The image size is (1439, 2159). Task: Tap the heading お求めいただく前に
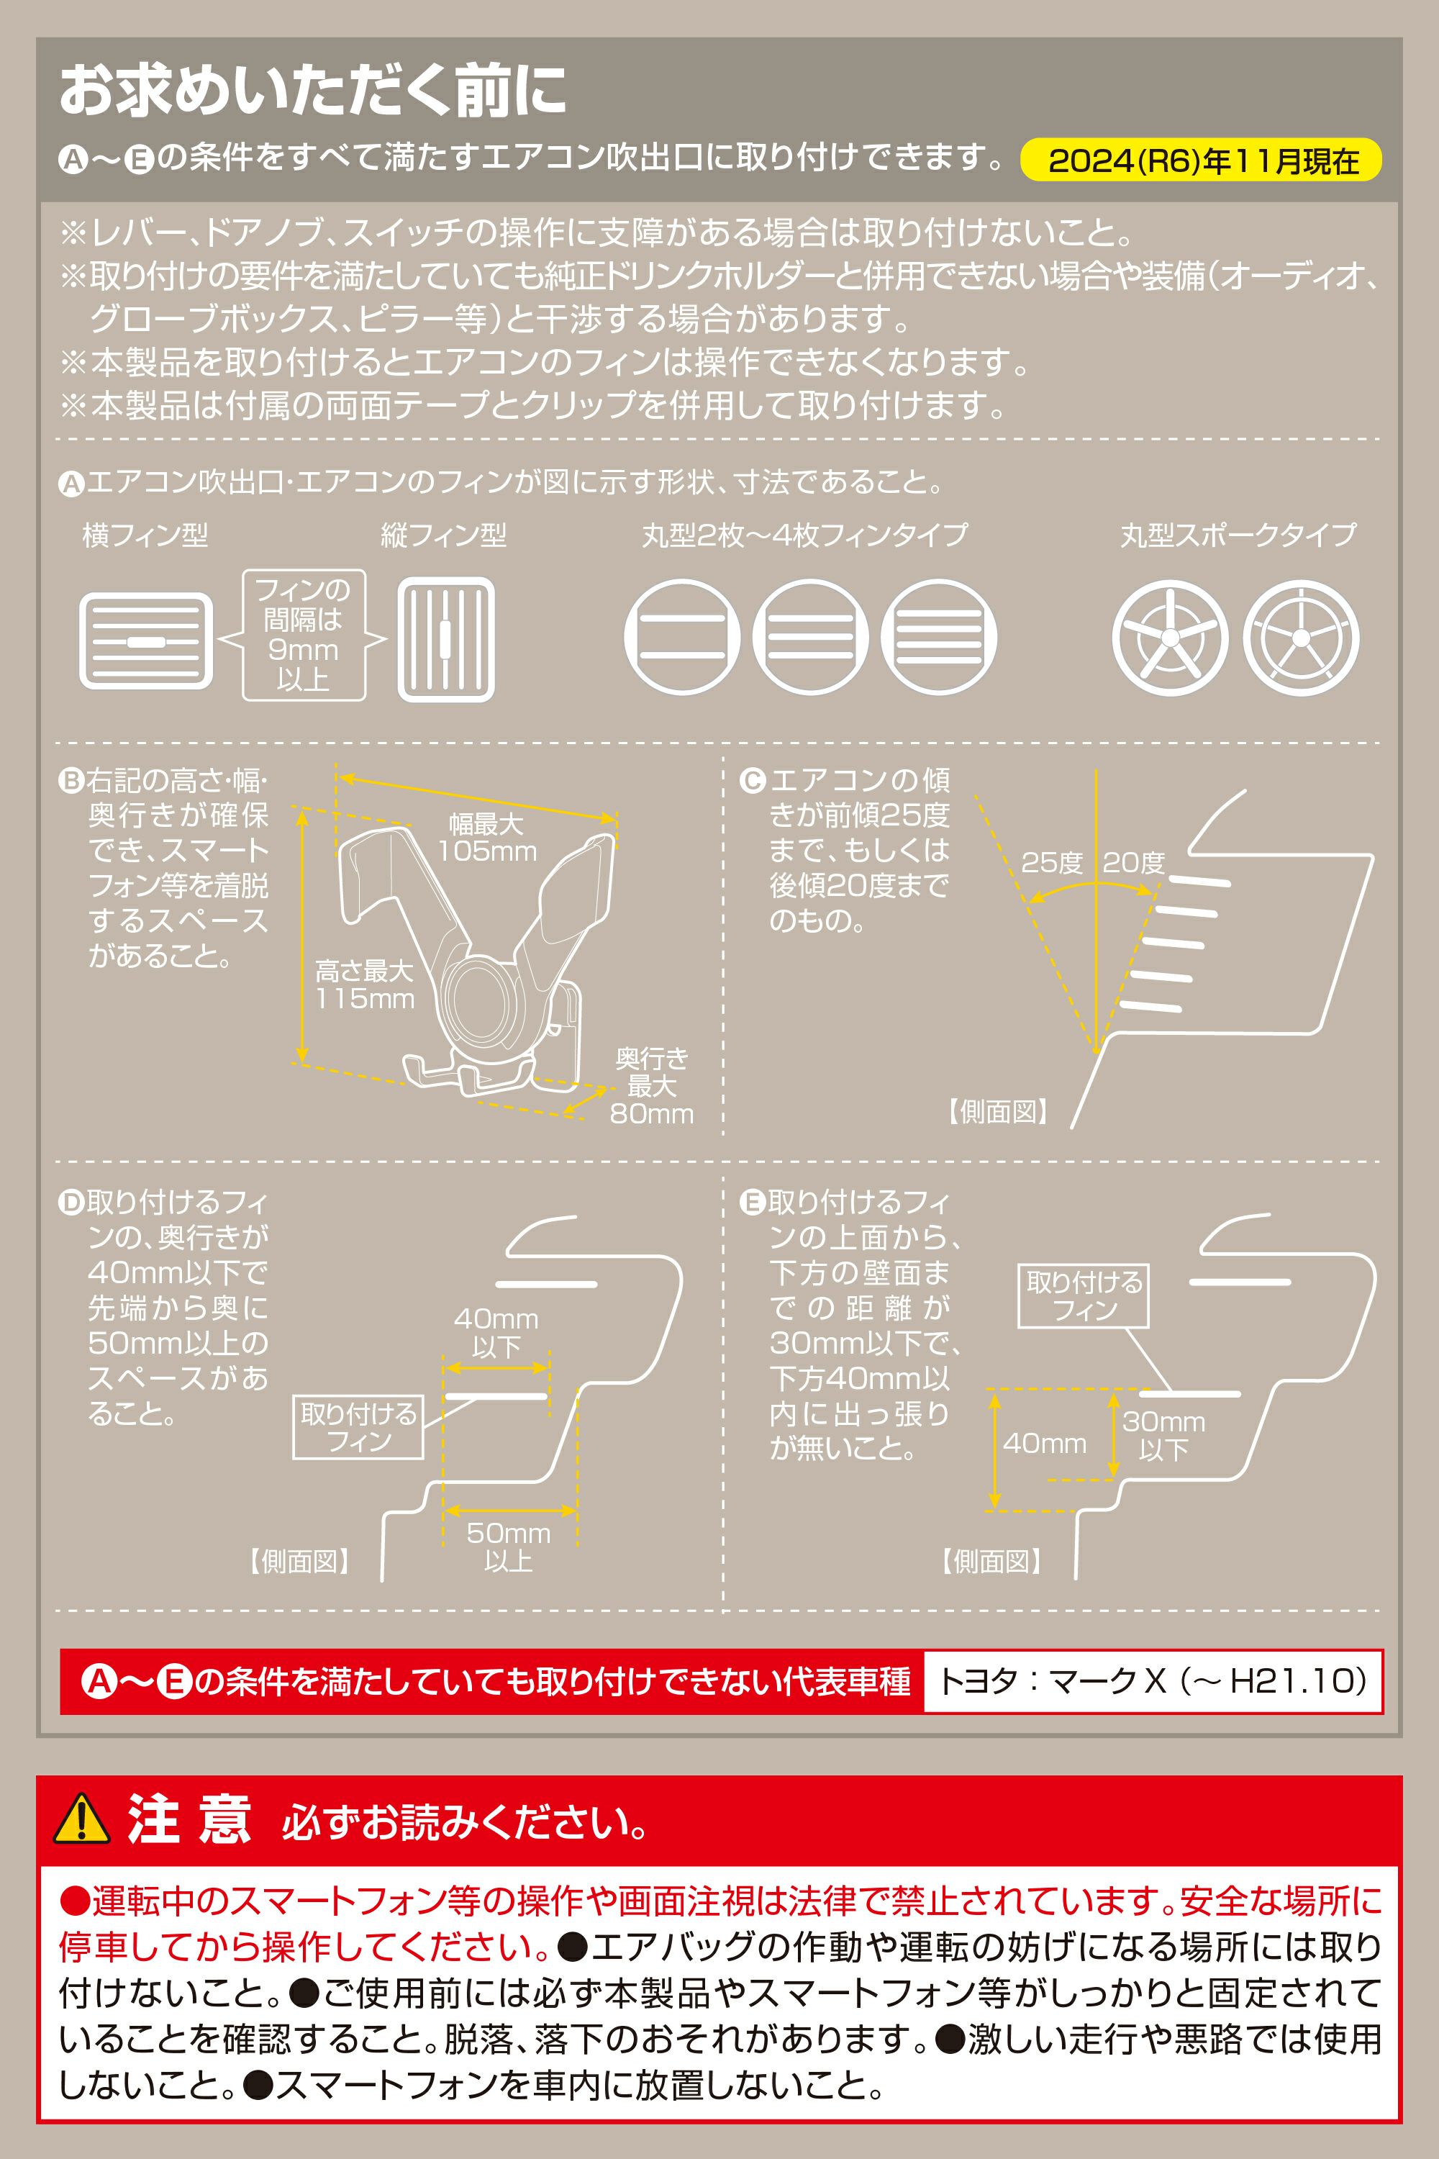[313, 91]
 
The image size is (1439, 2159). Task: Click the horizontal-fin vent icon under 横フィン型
[146, 640]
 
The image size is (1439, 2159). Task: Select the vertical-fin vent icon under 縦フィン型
[446, 639]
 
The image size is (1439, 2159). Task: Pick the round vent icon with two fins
[682, 637]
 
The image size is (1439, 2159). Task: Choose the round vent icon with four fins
[939, 637]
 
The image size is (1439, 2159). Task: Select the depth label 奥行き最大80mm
[652, 1087]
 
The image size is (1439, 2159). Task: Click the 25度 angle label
[1052, 863]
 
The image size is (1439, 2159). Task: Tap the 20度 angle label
[1133, 863]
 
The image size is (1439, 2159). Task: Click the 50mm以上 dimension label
[509, 1547]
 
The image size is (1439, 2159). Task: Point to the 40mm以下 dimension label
[496, 1333]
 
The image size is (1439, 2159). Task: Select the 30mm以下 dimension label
[1163, 1436]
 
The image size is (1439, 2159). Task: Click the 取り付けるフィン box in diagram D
[358, 1427]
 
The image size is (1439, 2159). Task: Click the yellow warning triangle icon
[82, 1819]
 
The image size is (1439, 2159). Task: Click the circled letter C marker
[753, 781]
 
